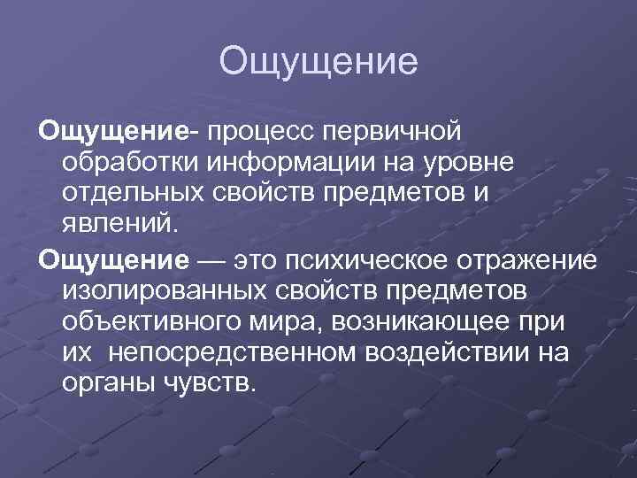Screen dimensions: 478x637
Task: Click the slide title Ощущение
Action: (318, 63)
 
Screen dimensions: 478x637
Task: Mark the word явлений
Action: (120, 223)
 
